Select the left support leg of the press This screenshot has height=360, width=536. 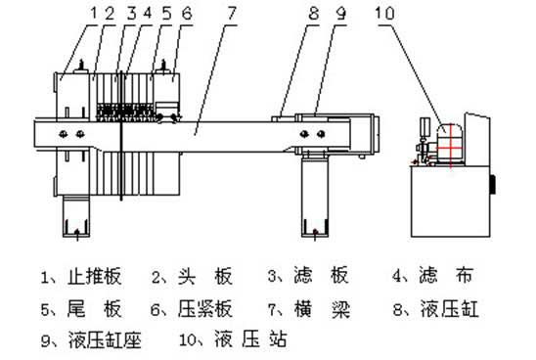point(75,216)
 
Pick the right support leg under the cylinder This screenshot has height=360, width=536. point(313,201)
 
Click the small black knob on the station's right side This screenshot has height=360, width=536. point(495,183)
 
